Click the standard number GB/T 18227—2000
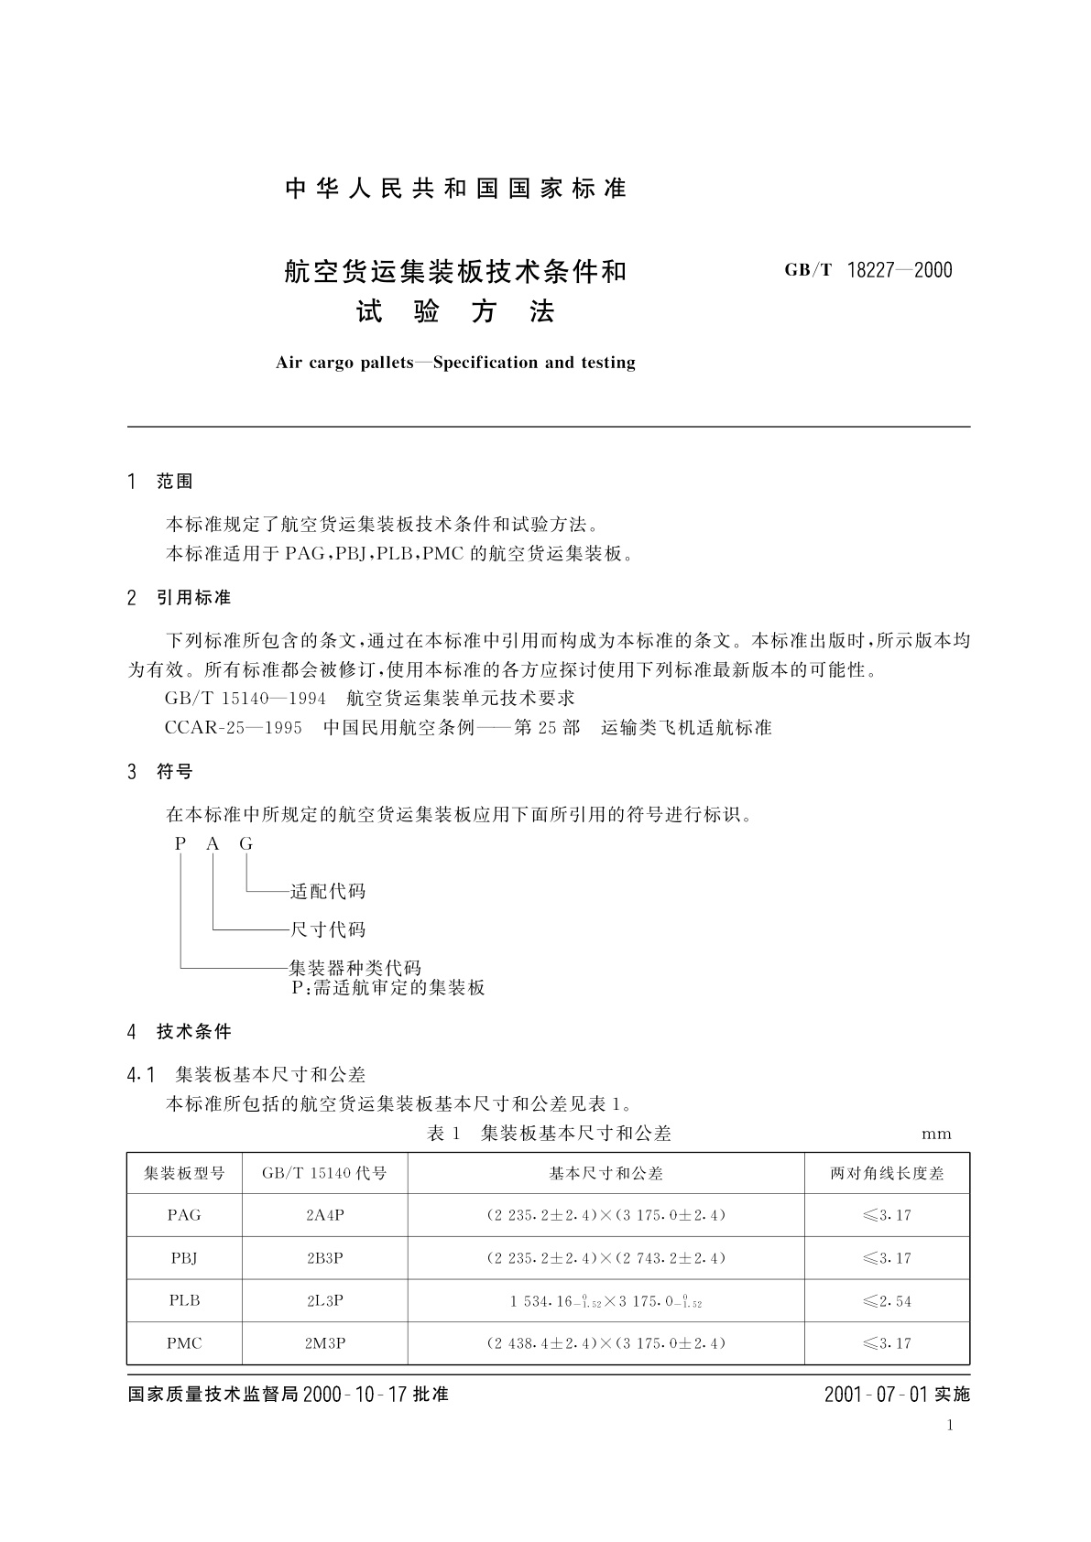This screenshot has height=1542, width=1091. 867,270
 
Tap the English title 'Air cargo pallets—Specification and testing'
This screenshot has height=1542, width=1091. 455,363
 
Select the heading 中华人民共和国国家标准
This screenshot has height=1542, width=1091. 455,189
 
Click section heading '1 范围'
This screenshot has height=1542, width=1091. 161,482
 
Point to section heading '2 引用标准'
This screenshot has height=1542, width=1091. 180,598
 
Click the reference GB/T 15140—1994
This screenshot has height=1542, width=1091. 245,699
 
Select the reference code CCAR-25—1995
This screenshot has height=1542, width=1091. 234,728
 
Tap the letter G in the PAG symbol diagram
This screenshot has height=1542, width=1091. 245,844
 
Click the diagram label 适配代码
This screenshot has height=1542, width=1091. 328,891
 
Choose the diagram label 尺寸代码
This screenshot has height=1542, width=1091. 328,929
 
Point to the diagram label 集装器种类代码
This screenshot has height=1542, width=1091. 355,968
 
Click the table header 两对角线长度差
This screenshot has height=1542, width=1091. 887,1173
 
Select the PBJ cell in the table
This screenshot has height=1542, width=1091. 184,1258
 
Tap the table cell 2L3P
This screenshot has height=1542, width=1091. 325,1300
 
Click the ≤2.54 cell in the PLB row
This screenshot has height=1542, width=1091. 887,1301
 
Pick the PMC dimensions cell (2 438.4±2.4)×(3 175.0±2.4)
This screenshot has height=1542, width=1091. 606,1343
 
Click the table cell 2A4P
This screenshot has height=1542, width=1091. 325,1215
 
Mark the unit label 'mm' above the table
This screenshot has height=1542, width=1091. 936,1134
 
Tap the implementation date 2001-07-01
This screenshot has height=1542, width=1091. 877,1395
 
